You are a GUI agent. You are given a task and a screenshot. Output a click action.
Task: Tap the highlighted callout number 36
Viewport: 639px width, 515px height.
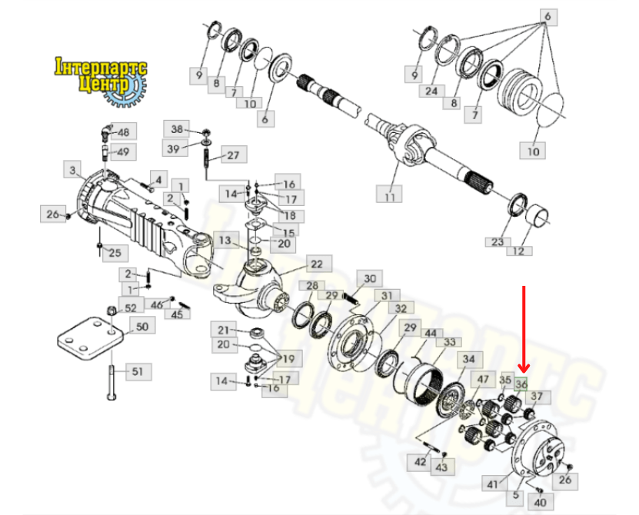click(521, 384)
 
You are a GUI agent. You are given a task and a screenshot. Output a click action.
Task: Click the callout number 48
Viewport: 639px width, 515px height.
click(124, 131)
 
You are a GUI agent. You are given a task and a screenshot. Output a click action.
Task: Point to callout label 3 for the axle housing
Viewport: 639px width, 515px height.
click(72, 169)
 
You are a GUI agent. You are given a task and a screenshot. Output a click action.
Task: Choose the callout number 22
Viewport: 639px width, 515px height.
click(317, 264)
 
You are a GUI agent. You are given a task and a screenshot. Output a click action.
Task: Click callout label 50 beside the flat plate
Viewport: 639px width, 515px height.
click(142, 327)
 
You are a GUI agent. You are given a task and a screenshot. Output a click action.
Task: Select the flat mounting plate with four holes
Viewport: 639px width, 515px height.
click(90, 337)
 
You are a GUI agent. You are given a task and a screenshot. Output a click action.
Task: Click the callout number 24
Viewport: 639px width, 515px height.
click(431, 91)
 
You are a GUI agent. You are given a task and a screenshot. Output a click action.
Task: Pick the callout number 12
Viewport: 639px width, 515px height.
click(519, 251)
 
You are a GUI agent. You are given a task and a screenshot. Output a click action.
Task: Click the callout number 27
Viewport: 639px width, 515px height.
click(234, 154)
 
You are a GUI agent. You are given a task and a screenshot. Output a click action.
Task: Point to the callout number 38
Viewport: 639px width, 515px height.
click(176, 129)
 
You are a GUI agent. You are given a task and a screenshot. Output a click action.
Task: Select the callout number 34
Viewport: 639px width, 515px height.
click(469, 359)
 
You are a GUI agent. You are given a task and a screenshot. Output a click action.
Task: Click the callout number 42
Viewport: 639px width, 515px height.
click(420, 462)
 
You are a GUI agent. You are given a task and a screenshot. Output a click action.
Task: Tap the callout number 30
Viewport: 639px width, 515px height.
click(370, 279)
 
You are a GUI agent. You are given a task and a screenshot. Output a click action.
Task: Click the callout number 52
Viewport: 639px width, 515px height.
click(131, 307)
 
